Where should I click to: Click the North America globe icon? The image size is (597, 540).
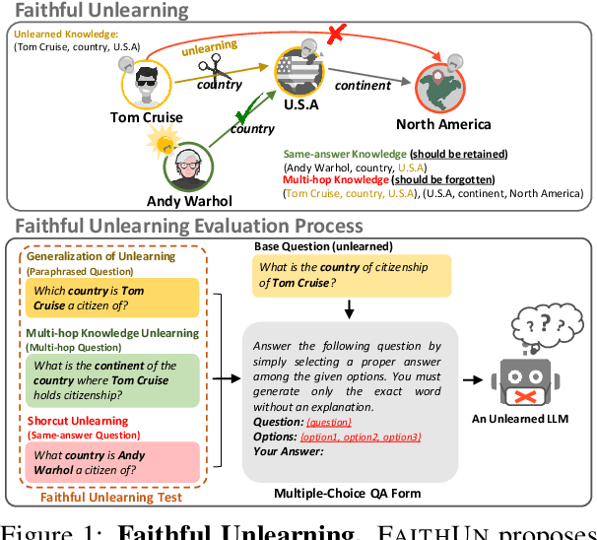(x=443, y=82)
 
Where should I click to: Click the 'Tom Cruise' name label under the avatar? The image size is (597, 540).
(x=148, y=118)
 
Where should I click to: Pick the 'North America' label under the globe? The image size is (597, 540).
(x=443, y=124)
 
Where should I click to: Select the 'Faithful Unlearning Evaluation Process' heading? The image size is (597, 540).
(x=189, y=226)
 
